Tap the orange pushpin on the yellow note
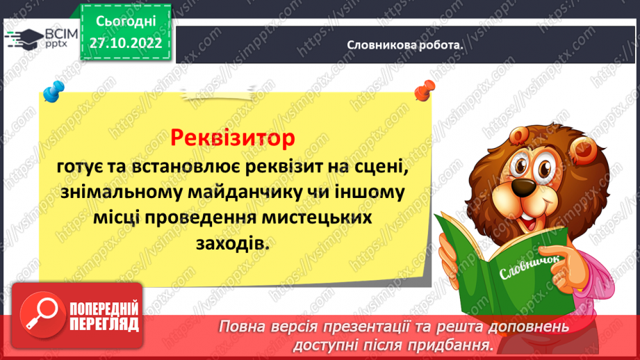click(x=420, y=92)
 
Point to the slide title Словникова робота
click(x=405, y=44)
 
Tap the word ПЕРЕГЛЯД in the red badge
click(x=103, y=324)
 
